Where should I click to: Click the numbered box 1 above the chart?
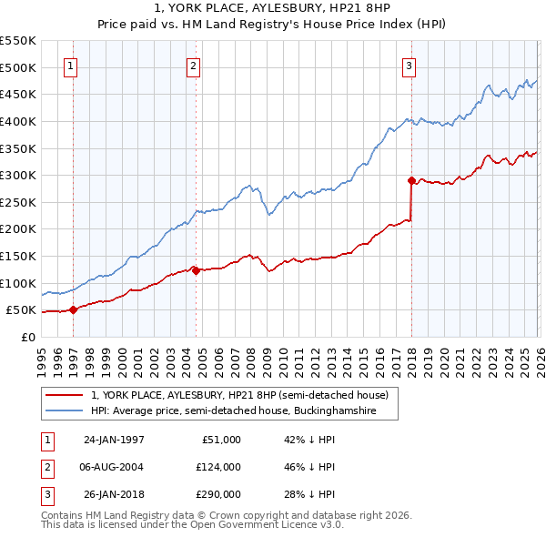pos(72,65)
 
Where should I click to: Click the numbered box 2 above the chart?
pos(194,65)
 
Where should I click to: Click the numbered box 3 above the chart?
pos(409,65)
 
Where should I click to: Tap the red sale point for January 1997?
pos(74,309)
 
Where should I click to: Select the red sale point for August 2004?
pos(196,269)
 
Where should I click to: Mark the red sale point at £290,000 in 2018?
pos(411,180)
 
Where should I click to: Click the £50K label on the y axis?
pos(21,310)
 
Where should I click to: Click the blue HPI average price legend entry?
pos(244,411)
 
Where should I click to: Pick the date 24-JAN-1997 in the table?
pos(114,440)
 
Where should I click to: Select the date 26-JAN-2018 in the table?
pos(114,494)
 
